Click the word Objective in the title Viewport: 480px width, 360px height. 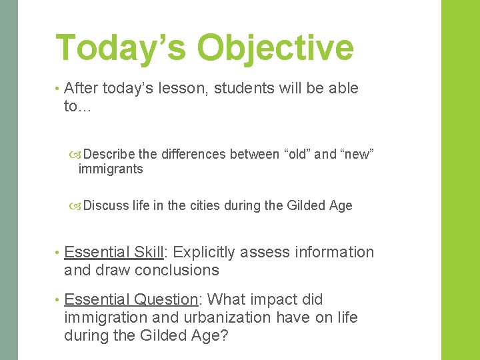[x=275, y=48]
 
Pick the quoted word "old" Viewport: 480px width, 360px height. [x=297, y=155]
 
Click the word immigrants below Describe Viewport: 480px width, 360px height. [x=111, y=169]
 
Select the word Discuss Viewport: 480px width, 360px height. [x=107, y=206]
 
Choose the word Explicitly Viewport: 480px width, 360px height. [x=204, y=253]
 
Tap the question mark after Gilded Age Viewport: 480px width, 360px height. [x=223, y=335]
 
